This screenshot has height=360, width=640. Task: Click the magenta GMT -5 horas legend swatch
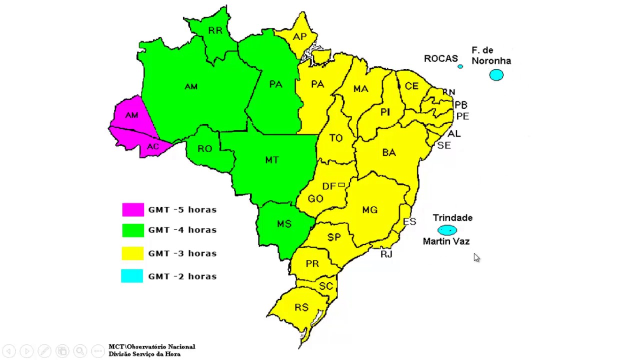click(x=133, y=209)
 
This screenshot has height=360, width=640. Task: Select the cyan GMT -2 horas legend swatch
click(x=132, y=276)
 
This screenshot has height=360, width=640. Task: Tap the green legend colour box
click(x=133, y=230)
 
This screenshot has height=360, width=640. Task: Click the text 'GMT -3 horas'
click(x=182, y=253)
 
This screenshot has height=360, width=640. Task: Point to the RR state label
click(x=215, y=31)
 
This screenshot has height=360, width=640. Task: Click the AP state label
click(x=299, y=37)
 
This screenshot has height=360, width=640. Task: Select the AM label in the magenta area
click(x=131, y=115)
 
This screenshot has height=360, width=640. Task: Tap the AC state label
click(x=152, y=146)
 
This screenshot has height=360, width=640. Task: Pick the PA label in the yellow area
click(x=317, y=84)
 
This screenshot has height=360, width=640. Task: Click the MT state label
click(x=271, y=160)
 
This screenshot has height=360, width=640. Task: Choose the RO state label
click(x=204, y=148)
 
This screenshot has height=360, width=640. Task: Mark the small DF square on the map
click(x=341, y=185)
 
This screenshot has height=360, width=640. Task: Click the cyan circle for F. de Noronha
click(x=496, y=75)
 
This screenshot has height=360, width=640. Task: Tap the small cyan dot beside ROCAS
click(x=460, y=66)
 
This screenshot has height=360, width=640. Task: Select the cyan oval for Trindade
click(x=447, y=230)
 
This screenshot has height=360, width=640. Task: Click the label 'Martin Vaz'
click(x=446, y=241)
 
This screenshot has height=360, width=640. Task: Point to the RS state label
click(x=301, y=307)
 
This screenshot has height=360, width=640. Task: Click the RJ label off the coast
click(x=386, y=254)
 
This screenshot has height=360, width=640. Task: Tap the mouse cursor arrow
click(x=476, y=257)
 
